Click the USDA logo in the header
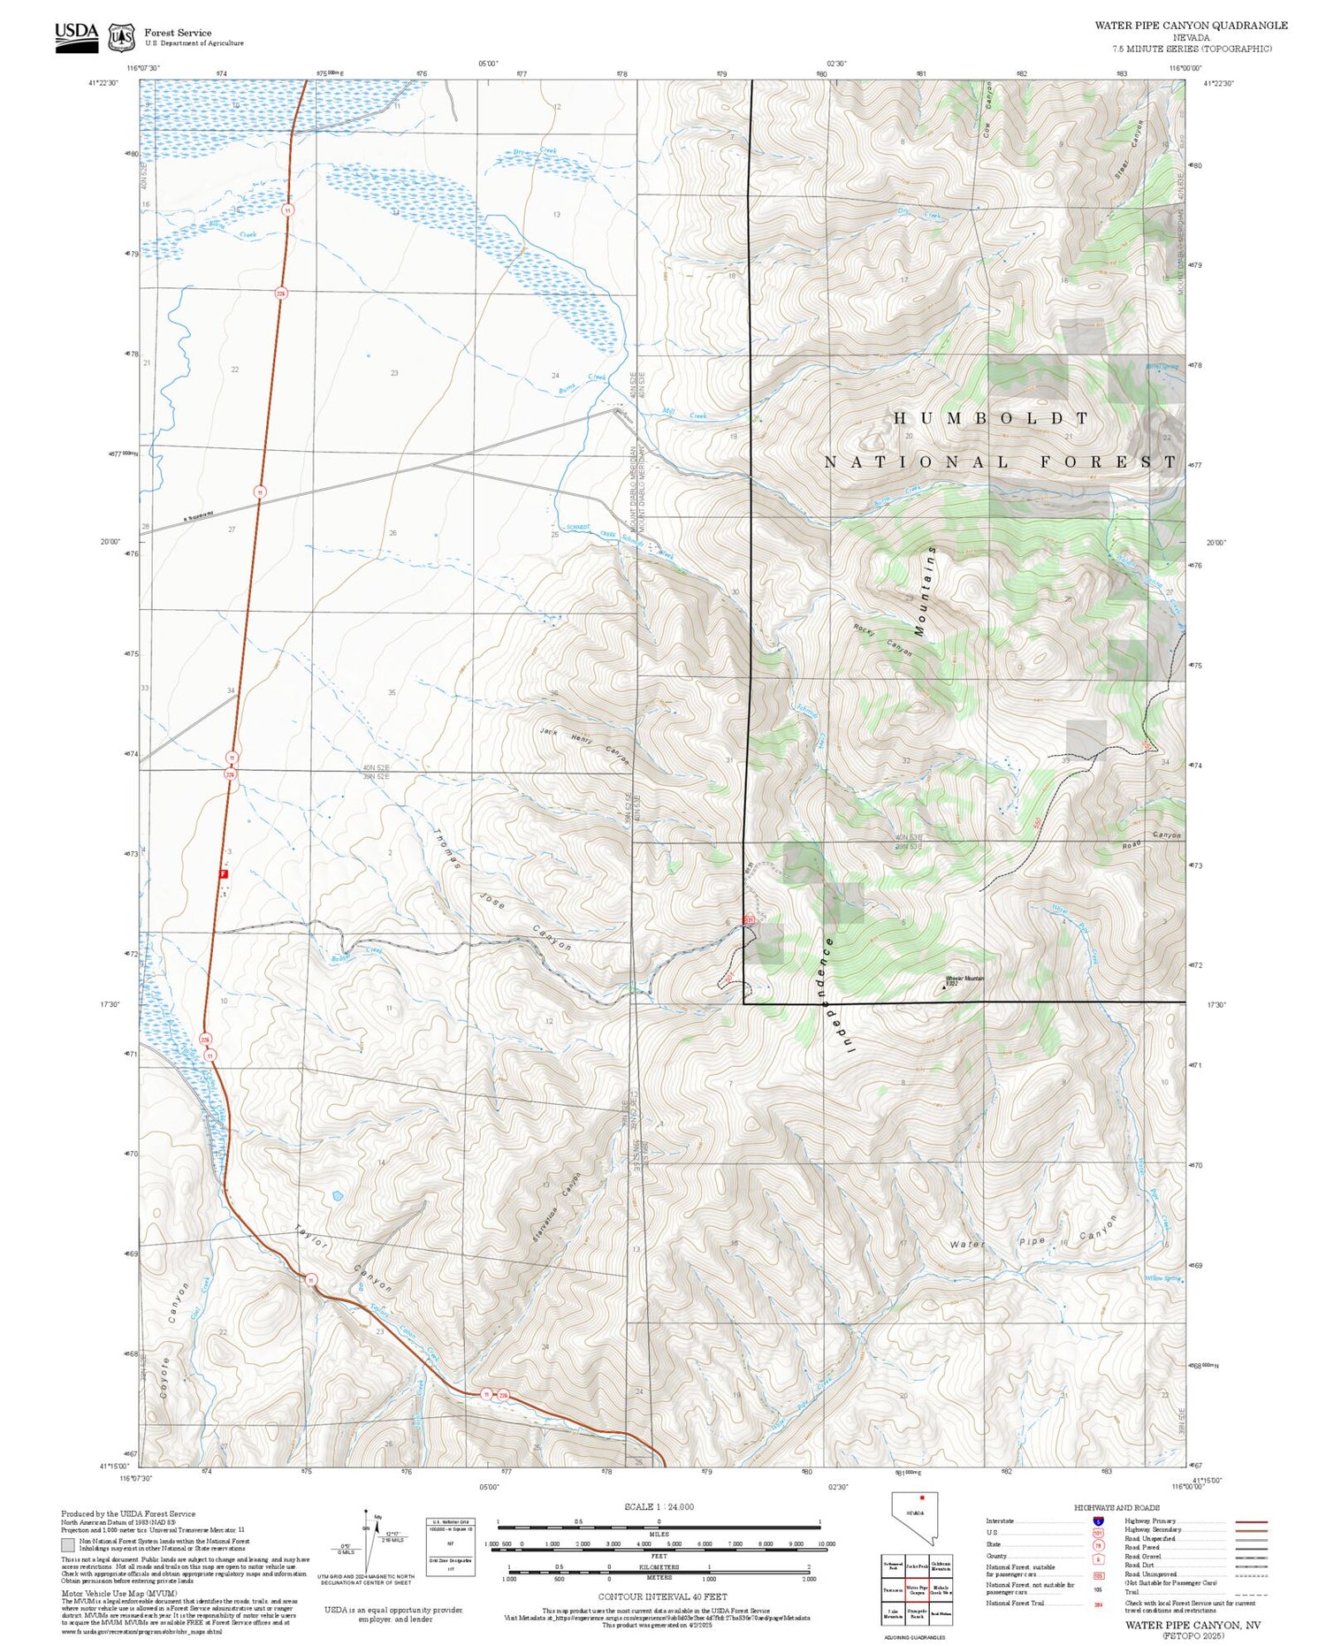(76, 36)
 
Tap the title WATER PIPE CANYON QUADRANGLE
(1190, 25)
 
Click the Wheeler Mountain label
(964, 979)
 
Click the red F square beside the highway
(224, 874)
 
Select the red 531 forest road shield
(748, 919)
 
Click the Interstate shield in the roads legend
(1097, 1521)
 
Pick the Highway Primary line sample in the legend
(1247, 1521)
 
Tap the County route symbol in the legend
(1097, 1558)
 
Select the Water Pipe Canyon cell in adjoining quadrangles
(917, 1589)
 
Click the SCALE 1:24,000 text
(659, 1506)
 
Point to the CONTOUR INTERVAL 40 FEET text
(662, 1596)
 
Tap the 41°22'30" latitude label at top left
(103, 83)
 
